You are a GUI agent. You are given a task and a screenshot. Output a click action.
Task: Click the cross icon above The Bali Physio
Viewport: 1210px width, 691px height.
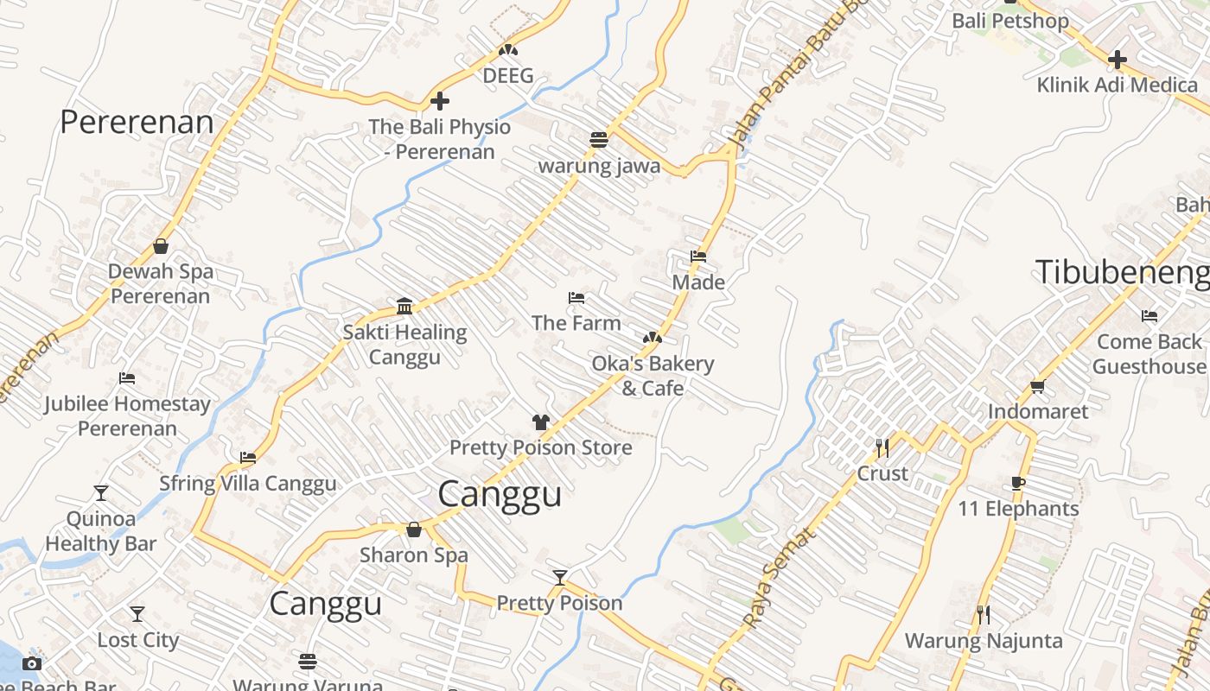point(440,101)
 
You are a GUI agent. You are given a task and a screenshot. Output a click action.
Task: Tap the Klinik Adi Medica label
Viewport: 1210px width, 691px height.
point(1117,85)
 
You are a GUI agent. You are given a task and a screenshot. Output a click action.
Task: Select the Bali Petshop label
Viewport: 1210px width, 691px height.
point(1009,21)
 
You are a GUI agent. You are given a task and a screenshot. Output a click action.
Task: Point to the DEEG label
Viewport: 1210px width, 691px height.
point(508,75)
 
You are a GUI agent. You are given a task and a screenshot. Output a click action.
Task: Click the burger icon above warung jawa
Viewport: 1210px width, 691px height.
point(599,139)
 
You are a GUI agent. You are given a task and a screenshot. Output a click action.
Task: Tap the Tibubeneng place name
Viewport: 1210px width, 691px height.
point(1123,272)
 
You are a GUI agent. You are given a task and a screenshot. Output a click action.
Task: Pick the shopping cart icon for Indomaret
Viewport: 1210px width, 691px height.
point(1038,387)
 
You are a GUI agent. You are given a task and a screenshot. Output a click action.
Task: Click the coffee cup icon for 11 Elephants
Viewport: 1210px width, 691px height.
point(1017,484)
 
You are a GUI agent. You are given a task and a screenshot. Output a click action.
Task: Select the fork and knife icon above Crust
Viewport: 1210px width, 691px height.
point(882,447)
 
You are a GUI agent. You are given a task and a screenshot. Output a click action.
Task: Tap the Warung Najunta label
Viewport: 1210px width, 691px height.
point(984,641)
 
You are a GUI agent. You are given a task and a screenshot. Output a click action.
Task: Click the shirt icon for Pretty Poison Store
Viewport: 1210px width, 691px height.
point(541,422)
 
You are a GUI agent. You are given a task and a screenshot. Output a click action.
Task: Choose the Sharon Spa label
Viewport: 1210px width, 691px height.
point(414,555)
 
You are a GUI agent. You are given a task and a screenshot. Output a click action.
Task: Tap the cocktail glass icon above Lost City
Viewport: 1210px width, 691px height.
point(137,614)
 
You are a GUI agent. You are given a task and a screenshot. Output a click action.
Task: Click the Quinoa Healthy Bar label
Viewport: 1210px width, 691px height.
point(101,531)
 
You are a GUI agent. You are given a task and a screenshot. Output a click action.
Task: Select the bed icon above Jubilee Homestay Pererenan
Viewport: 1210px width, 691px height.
point(127,378)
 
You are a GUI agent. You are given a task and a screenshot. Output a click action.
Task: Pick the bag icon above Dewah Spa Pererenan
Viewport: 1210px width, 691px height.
point(161,246)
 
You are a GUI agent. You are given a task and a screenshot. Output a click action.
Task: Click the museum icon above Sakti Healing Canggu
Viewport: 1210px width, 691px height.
point(404,306)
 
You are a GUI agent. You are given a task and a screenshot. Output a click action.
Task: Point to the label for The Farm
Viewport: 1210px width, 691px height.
point(576,323)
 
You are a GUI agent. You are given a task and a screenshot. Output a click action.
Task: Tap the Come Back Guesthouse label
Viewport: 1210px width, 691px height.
point(1149,354)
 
